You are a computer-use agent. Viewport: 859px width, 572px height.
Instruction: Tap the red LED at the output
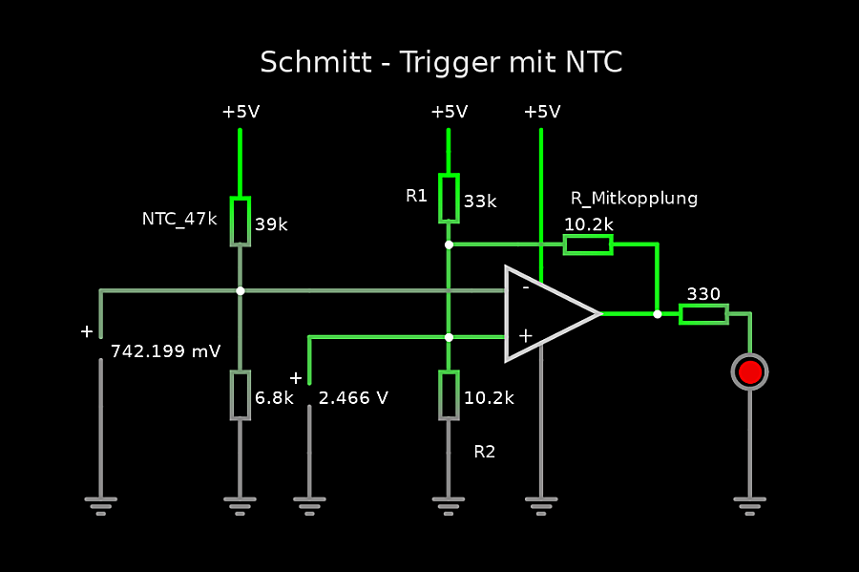pos(749,371)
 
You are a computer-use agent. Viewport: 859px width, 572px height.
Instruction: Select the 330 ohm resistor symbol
pos(703,314)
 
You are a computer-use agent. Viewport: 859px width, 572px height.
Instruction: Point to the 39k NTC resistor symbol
pos(240,222)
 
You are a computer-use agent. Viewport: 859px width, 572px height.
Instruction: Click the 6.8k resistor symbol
pos(240,394)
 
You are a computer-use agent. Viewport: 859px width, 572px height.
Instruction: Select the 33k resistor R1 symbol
pos(449,198)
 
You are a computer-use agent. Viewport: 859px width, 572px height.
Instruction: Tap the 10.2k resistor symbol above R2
pos(449,394)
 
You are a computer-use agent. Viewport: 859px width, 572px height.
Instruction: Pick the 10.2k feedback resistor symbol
pos(588,244)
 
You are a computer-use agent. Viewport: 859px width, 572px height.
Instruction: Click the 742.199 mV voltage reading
pos(165,351)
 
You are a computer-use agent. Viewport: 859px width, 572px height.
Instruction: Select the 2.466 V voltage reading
pos(353,398)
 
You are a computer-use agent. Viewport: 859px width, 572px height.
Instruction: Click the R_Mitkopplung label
pos(634,199)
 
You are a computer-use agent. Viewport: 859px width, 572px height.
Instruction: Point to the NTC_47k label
pos(179,219)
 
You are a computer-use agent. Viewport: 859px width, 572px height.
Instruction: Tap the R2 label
pos(485,452)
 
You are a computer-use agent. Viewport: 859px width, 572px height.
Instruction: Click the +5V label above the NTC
pos(241,112)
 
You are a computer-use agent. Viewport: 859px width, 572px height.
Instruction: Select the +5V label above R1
pos(449,112)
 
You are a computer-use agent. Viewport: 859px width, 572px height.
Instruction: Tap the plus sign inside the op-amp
pos(524,335)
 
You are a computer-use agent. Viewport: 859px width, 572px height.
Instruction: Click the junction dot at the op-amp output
pos(657,313)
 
